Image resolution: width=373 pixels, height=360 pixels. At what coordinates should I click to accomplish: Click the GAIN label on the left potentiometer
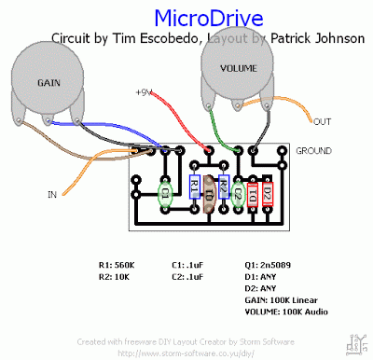(x=49, y=83)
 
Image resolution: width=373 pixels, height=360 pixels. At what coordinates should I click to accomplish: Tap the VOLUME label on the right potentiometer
(x=239, y=69)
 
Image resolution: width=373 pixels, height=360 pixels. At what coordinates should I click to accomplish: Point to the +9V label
(x=143, y=92)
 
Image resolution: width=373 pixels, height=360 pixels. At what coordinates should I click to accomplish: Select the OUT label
(x=323, y=122)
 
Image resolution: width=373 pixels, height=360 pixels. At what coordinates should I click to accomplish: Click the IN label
(x=52, y=194)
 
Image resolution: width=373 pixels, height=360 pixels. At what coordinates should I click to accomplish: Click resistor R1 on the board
(x=194, y=188)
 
